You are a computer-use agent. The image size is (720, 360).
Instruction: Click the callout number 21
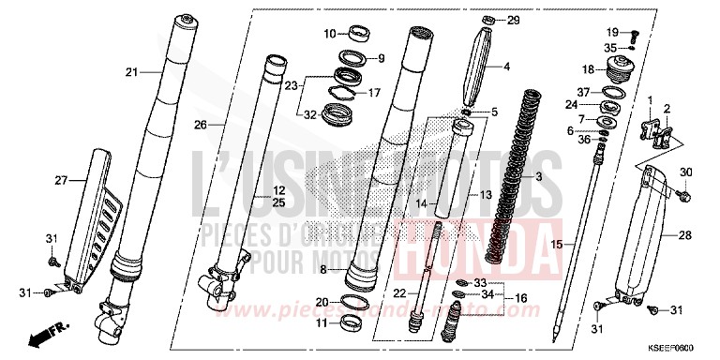(131, 71)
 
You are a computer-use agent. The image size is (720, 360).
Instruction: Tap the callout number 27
(62, 179)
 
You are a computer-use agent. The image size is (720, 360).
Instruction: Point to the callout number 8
(322, 269)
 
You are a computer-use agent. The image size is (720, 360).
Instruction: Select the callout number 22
(399, 293)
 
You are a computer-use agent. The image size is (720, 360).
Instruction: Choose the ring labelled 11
(352, 322)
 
